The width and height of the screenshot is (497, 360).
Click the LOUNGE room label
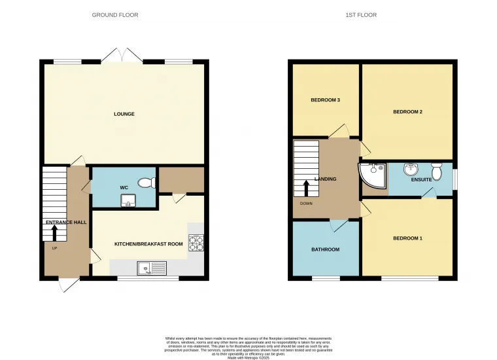click(x=124, y=114)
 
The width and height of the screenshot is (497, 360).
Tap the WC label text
click(x=124, y=189)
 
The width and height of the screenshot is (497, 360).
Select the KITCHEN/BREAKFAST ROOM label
click(x=148, y=243)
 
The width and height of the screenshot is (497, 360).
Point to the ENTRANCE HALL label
click(x=66, y=223)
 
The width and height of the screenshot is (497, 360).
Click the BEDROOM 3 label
click(x=325, y=99)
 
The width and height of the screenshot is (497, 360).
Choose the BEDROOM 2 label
click(x=407, y=112)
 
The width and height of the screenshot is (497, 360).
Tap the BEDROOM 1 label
click(x=407, y=238)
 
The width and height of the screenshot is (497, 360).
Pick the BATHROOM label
click(x=325, y=249)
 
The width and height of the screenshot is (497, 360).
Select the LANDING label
click(x=326, y=179)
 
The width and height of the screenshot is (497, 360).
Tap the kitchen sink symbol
click(x=152, y=267)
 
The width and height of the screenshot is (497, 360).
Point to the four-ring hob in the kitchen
click(x=196, y=243)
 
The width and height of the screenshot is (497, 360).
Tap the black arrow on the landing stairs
click(x=306, y=187)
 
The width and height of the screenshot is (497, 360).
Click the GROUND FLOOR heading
click(x=115, y=14)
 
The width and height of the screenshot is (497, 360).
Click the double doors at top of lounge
click(x=122, y=55)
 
